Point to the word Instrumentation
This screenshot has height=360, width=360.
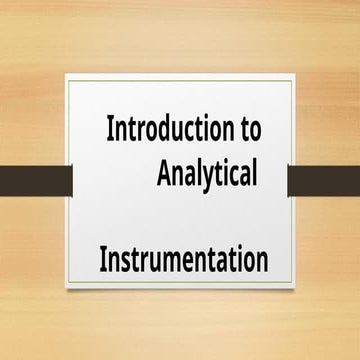pyautogui.click(x=184, y=260)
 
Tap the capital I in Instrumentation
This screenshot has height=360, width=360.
pyautogui.click(x=103, y=260)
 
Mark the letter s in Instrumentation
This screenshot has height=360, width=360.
pyautogui.click(x=127, y=262)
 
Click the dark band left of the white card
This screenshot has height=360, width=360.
pyautogui.click(x=35, y=180)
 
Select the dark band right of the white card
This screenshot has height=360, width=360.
pyautogui.click(x=323, y=180)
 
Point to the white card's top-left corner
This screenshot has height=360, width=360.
pyautogui.click(x=67, y=75)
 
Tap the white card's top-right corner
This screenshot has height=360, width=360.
pyautogui.click(x=294, y=75)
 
